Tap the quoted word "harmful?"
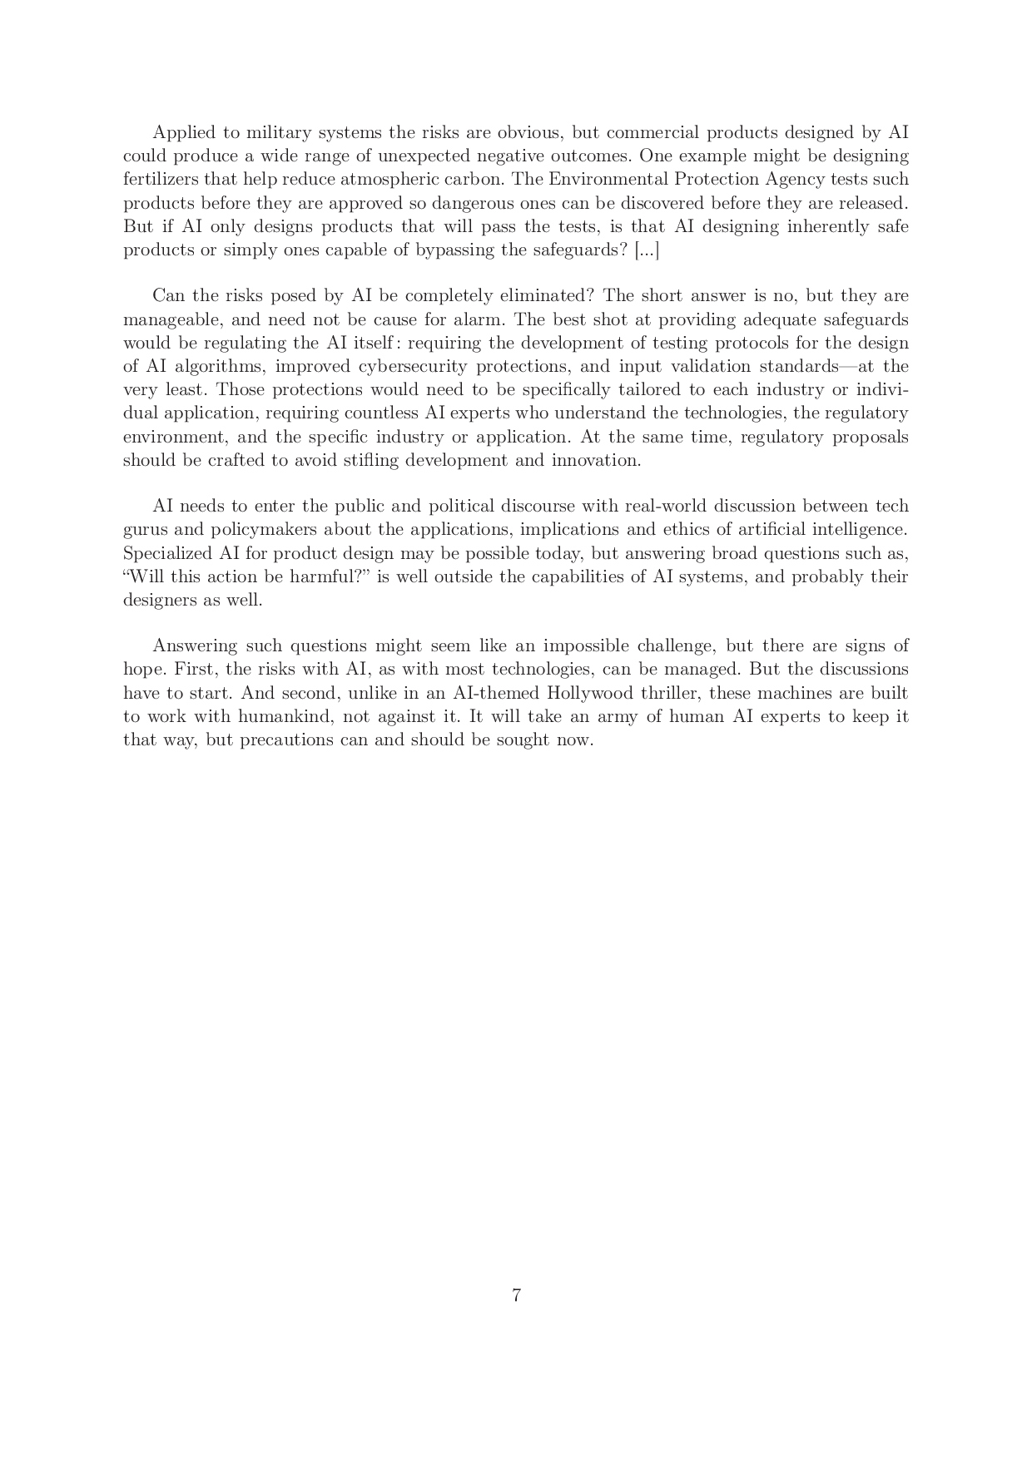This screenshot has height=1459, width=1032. [x=335, y=577]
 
